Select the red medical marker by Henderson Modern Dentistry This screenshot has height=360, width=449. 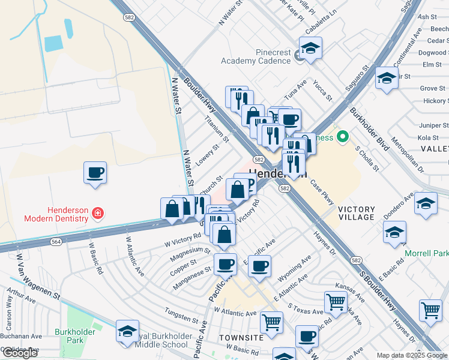[97, 212]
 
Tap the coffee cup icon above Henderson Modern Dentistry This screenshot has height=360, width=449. [95, 173]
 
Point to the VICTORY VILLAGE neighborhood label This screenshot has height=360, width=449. [356, 213]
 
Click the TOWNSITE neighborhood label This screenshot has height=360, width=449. [241, 338]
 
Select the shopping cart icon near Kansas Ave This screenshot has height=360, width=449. [336, 302]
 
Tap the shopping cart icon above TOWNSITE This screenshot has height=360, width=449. [271, 322]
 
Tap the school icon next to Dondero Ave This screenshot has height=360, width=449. [426, 203]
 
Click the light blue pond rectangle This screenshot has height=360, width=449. [53, 43]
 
